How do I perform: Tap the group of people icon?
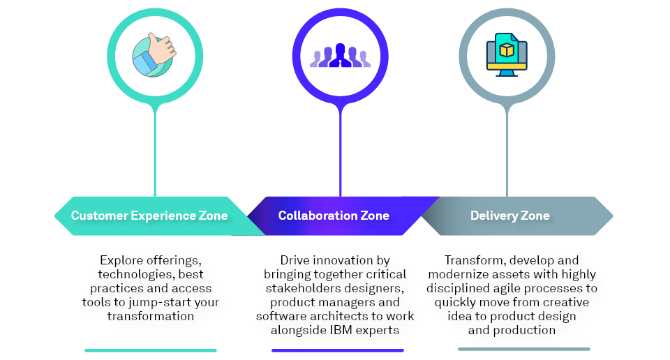click(x=340, y=56)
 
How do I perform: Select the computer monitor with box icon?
click(x=507, y=54)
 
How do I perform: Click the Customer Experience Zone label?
click(x=149, y=216)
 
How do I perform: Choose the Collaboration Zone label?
click(x=334, y=216)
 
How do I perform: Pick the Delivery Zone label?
click(x=510, y=216)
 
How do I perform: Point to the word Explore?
click(x=122, y=260)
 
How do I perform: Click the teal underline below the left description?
click(x=151, y=350)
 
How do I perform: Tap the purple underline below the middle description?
click(x=337, y=350)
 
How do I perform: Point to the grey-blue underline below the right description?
click(x=523, y=349)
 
